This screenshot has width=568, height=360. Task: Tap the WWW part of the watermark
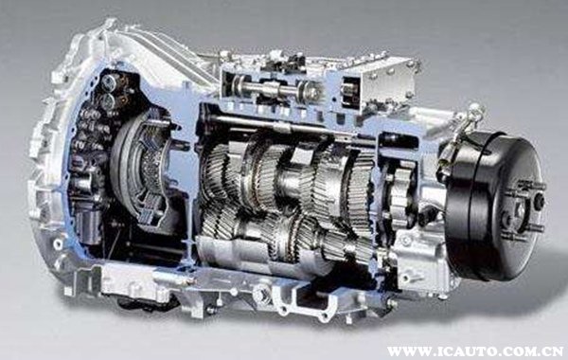coord(405,351)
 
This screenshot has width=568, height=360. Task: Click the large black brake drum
coord(495,206)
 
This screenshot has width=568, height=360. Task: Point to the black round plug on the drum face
coord(539,200)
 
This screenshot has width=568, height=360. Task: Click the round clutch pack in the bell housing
coord(142,170)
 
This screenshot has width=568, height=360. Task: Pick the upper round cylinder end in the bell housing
coord(110,82)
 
